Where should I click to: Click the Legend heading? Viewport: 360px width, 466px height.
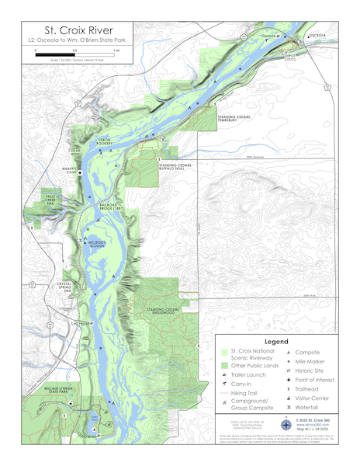point(276,341)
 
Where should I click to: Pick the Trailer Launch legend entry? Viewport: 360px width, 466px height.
point(245,374)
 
